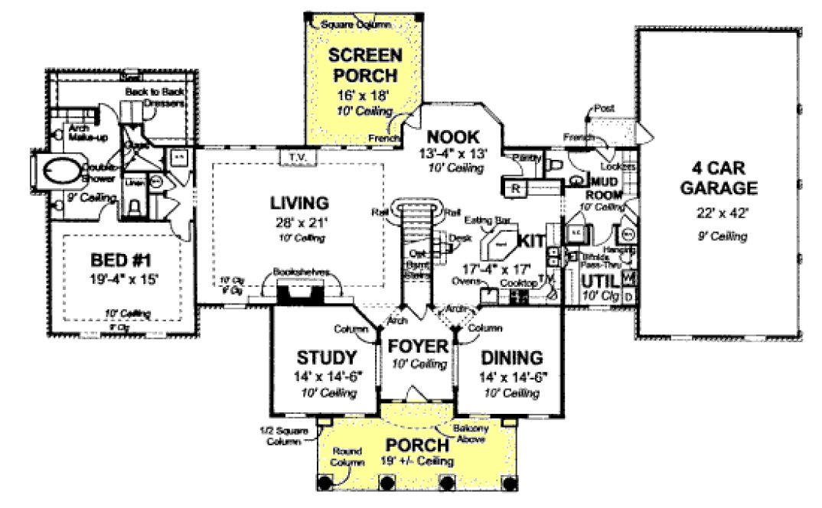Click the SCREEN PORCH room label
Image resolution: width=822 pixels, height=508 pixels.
364,65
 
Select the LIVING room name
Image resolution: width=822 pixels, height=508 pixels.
298,203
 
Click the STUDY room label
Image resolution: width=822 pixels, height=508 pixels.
327,358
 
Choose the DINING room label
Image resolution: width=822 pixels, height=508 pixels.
512,358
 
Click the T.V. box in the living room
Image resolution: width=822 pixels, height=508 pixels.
296,158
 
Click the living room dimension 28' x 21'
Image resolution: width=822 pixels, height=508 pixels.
298,223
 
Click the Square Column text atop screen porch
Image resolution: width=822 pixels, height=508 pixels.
355,24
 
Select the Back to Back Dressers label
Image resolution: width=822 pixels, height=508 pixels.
158,97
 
